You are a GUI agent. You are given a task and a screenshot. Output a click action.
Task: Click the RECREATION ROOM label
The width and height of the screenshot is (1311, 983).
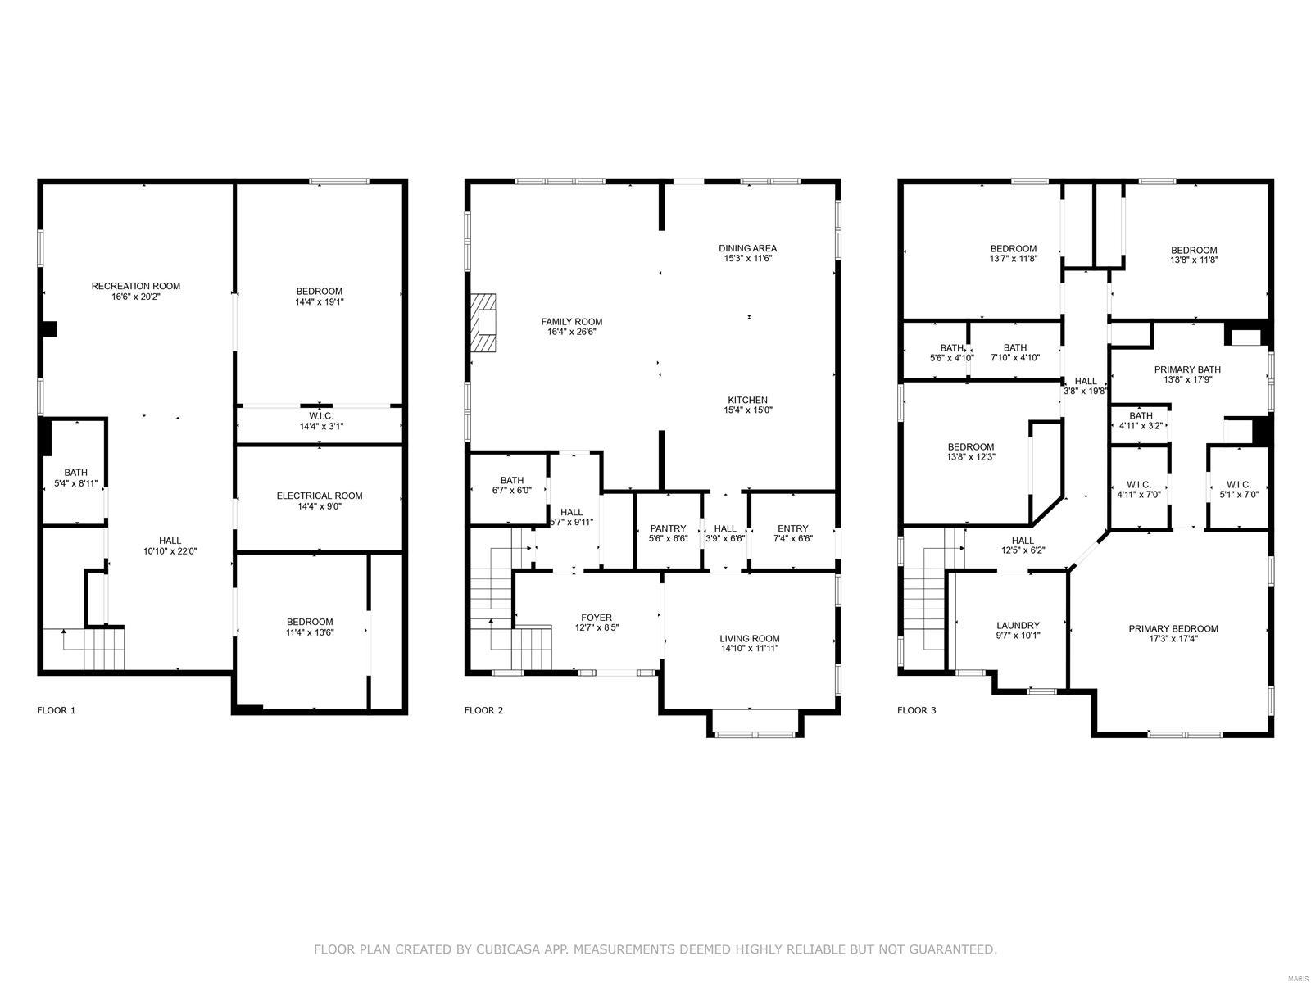pos(135,286)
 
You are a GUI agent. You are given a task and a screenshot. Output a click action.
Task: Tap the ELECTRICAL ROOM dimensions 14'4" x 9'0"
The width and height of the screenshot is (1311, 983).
pos(319,506)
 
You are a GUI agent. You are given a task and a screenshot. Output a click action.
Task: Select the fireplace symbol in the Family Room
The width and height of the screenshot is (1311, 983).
pos(484,323)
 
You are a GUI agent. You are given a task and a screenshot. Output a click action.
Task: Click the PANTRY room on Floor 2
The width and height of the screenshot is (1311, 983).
pos(668,533)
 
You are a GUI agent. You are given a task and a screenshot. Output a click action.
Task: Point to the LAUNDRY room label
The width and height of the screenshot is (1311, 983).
pos(1018,625)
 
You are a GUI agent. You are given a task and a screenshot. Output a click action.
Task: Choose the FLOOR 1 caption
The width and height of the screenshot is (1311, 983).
pos(57,710)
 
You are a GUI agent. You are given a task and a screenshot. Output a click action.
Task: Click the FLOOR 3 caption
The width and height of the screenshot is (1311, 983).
pos(916,710)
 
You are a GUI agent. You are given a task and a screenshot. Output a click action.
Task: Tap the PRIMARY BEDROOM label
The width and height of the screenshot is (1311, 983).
pos(1173,628)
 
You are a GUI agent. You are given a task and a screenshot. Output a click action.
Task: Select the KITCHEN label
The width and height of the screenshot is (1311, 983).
pos(747,400)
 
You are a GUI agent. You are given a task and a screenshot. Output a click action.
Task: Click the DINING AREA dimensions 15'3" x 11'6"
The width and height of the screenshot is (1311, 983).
pos(747,259)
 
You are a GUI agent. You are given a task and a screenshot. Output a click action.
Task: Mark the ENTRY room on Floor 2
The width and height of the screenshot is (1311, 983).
pos(792,533)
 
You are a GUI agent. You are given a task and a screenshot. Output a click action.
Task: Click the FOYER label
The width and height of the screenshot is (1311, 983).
pos(596,618)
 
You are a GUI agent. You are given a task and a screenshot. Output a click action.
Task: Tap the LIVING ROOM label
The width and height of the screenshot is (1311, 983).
pos(749,638)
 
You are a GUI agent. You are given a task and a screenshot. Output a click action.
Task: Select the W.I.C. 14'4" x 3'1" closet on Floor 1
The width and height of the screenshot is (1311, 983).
pos(319,421)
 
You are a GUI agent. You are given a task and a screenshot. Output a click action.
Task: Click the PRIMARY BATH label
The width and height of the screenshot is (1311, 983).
pos(1187,369)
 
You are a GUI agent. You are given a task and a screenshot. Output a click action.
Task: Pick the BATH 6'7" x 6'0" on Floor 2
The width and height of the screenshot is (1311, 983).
pos(511,485)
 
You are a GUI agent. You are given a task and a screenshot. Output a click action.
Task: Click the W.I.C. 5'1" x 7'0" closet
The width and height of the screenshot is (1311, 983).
pos(1238,489)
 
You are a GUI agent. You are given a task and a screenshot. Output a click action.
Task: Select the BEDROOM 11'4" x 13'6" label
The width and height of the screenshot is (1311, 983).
pos(310,622)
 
